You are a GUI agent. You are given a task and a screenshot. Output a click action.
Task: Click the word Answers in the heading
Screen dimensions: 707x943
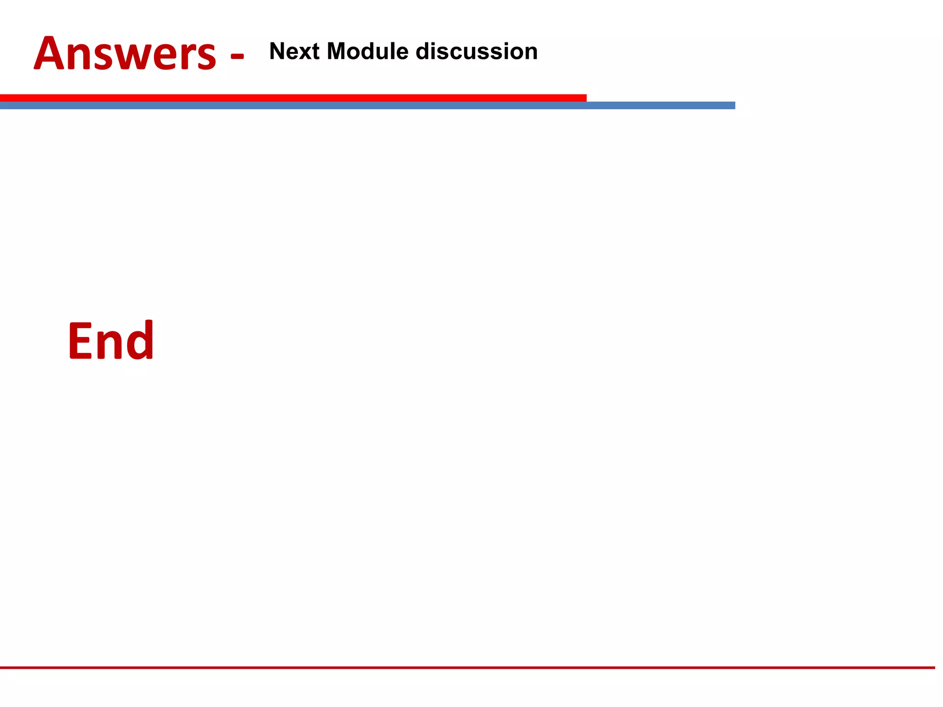[x=125, y=54]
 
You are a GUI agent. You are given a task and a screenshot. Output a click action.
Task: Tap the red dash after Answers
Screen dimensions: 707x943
[x=237, y=57]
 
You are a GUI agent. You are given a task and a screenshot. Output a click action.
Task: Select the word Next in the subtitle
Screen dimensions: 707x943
[x=294, y=51]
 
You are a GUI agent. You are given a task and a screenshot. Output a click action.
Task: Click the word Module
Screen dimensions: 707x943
[x=367, y=51]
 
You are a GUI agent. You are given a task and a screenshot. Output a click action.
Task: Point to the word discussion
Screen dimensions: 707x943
[x=477, y=51]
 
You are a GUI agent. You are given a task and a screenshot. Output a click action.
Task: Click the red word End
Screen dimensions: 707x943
[x=111, y=341]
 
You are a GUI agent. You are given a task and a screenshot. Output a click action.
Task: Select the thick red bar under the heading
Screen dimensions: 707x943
[x=293, y=98]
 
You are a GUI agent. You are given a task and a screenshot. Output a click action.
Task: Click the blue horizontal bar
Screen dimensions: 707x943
[x=367, y=106]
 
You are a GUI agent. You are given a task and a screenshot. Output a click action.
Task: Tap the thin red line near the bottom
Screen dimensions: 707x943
[x=467, y=667]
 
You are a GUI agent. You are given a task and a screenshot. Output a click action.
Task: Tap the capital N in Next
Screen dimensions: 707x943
[x=278, y=51]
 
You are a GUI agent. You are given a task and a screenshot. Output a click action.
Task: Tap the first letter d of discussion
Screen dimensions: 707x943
[x=423, y=51]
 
